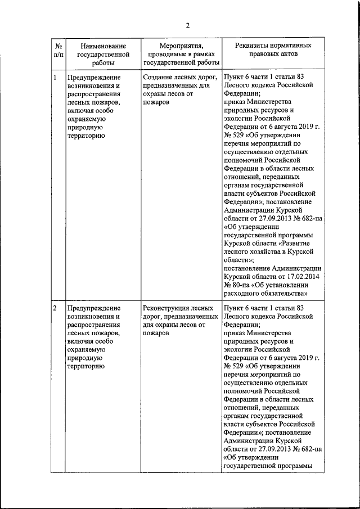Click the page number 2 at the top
point(188,25)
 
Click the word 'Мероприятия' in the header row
point(181,46)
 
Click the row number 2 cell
point(55,308)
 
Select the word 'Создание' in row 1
point(158,77)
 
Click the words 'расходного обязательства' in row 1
point(265,293)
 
